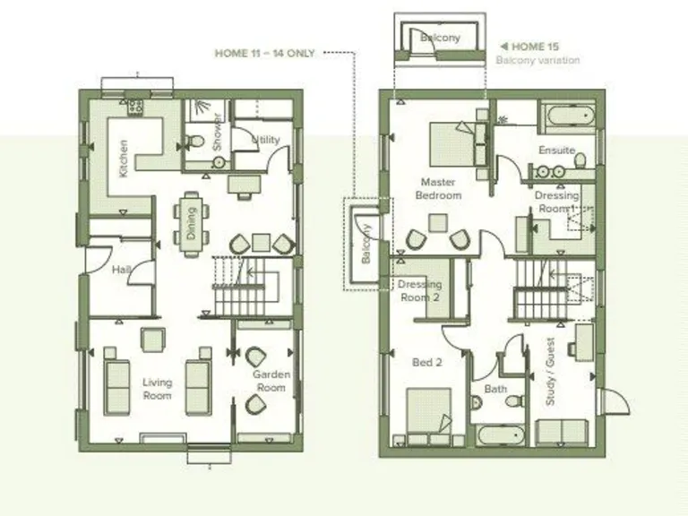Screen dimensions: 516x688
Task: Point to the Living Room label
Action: (x=157, y=389)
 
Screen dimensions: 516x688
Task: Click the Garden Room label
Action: (x=269, y=382)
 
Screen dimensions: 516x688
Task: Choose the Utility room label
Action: (x=266, y=141)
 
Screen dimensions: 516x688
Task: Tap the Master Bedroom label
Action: (x=440, y=188)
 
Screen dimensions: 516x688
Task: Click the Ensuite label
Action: (x=556, y=150)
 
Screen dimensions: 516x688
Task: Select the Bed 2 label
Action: (x=426, y=363)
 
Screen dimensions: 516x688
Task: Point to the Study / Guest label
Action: (x=551, y=377)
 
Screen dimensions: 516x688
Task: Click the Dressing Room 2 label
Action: (x=419, y=291)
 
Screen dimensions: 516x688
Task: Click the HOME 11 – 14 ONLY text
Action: (x=264, y=53)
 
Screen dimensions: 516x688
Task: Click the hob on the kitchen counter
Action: (x=135, y=107)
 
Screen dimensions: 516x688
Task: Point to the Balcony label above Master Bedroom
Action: (x=441, y=38)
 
